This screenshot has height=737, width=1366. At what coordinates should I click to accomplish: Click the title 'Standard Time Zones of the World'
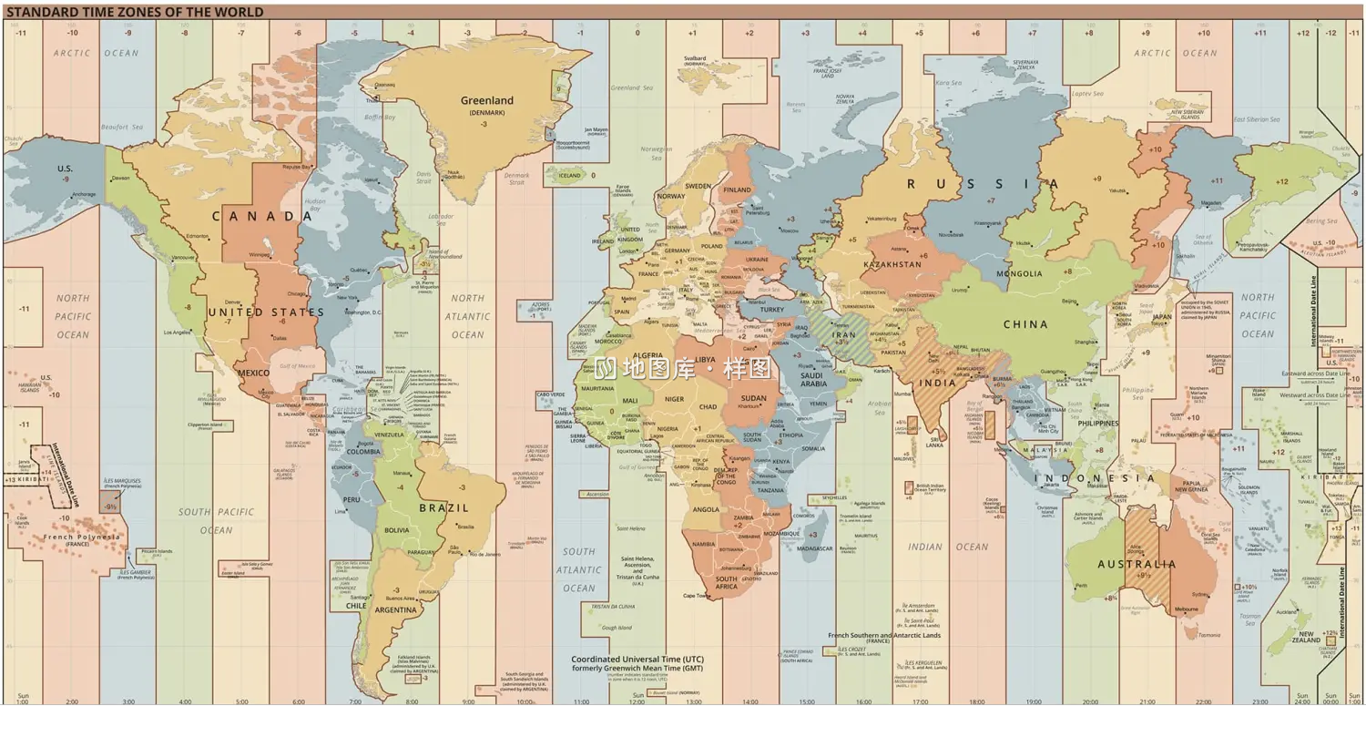(135, 12)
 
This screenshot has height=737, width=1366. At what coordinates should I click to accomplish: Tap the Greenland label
(486, 100)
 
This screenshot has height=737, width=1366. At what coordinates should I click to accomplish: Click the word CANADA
(262, 216)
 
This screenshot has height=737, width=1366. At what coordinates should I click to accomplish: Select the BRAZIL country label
(443, 507)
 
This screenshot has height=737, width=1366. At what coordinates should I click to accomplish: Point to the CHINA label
(1025, 324)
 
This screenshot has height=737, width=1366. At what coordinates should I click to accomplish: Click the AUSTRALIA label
(1137, 564)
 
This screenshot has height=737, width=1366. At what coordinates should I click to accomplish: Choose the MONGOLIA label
(1019, 273)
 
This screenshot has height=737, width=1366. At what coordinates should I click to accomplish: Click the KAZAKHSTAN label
(892, 264)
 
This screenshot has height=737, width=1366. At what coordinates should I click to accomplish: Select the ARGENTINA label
(396, 609)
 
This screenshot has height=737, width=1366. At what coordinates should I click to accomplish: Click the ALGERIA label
(647, 355)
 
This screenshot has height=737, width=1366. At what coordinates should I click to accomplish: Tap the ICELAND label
(569, 176)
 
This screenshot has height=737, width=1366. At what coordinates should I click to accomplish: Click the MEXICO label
(253, 373)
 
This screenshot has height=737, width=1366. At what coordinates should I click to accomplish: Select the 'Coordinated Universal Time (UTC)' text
(637, 659)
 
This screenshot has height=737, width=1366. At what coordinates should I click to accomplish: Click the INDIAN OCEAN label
(947, 547)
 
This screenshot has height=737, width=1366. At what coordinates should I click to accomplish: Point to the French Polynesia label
(81, 537)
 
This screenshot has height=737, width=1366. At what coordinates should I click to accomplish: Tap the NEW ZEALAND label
(1306, 637)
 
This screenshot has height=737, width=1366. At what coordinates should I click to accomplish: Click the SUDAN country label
(753, 398)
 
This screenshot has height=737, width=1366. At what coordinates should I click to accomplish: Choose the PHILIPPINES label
(1097, 424)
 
